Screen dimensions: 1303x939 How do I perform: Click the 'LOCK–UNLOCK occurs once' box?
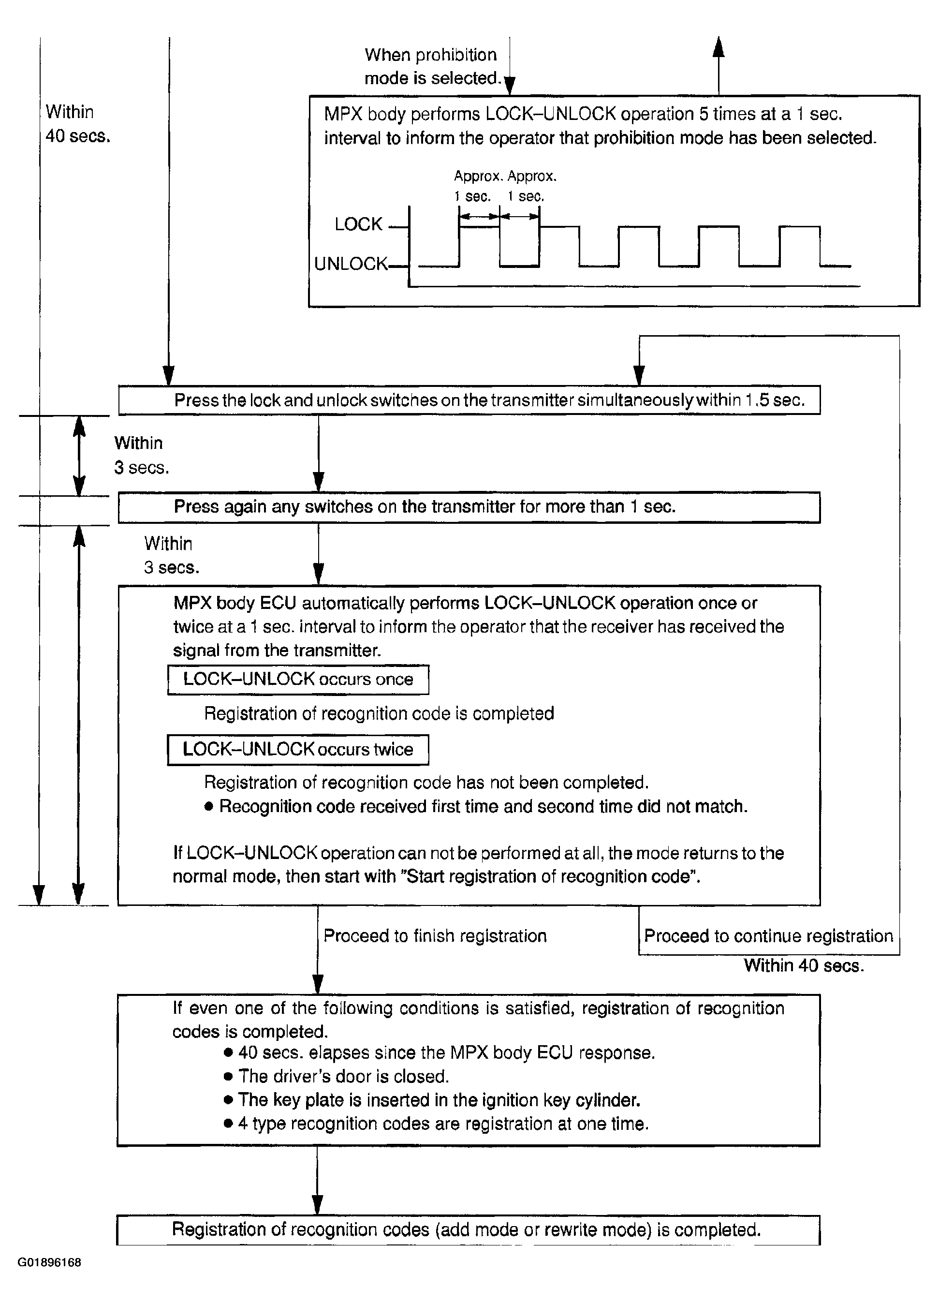pos(297,679)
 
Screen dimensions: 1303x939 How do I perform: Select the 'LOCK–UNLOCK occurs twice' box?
pos(297,749)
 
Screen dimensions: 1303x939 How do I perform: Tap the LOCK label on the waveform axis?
pos(358,224)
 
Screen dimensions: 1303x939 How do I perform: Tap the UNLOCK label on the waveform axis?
pos(351,264)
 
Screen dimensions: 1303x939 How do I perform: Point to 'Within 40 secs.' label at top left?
pos(77,123)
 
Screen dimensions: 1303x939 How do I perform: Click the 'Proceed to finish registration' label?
pos(435,935)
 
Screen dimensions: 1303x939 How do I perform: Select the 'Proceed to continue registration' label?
pos(768,935)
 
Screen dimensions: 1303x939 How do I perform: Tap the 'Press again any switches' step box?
pos(469,507)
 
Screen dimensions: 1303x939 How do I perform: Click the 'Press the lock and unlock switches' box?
pos(469,400)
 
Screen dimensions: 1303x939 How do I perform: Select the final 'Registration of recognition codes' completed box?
pos(468,1229)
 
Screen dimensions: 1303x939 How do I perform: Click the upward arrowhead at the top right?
pos(719,47)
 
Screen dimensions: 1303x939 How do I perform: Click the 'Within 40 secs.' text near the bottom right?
pos(804,965)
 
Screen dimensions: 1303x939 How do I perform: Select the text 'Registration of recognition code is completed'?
pos(379,713)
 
